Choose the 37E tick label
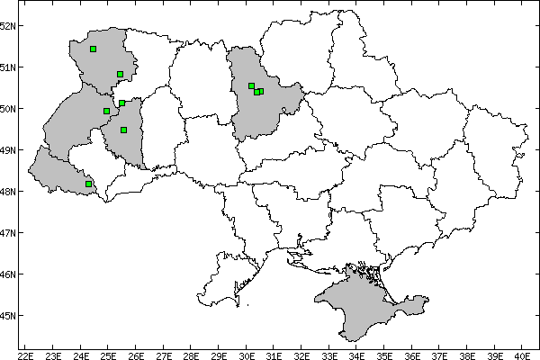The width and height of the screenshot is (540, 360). tap(440, 353)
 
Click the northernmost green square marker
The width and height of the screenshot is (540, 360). tap(94, 49)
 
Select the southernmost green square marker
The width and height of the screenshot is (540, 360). tap(88, 184)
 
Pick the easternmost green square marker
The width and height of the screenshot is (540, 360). tap(261, 91)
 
